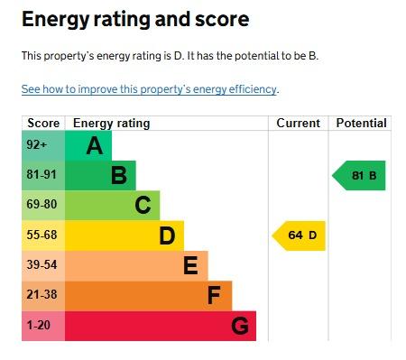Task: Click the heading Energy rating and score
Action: pos(135,20)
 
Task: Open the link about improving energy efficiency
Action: pos(150,89)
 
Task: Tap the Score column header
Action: pos(43,123)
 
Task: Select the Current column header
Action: pos(298,123)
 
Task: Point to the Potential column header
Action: pos(361,123)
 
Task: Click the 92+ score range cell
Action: pos(43,145)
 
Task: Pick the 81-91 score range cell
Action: pos(43,175)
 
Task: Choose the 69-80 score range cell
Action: pos(43,206)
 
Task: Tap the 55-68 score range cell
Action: pos(43,235)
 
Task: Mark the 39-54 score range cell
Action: pos(43,266)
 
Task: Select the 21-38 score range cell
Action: pos(43,296)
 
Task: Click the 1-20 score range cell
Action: pos(43,326)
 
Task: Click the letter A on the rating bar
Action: pos(95,145)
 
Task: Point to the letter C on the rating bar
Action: pos(143,205)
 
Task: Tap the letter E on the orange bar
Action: pos(190,265)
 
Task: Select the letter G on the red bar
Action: pos(240,326)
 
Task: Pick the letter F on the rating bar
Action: pos(214,295)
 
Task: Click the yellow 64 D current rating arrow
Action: pos(299,235)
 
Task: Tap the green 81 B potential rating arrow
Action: pos(358,176)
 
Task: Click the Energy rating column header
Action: pos(111,124)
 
